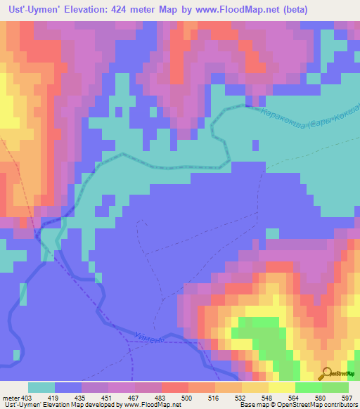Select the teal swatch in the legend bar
point(41,387)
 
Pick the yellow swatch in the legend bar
point(281,387)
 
